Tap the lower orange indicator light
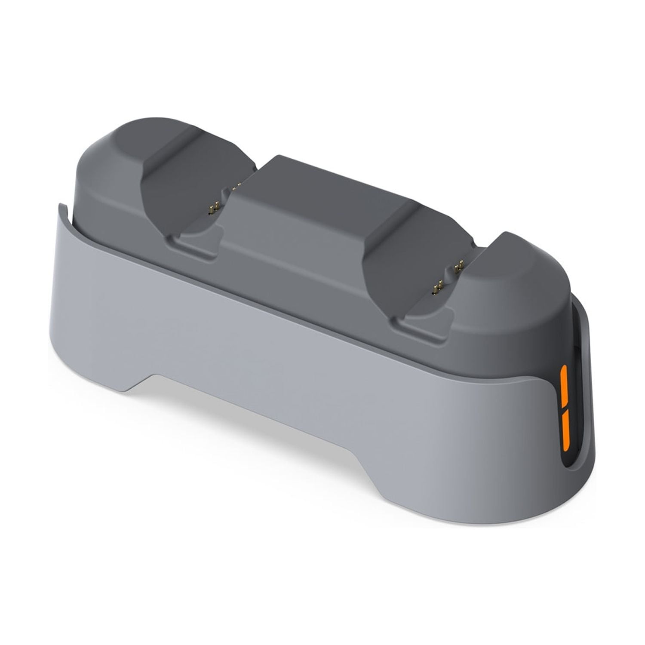564,430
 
